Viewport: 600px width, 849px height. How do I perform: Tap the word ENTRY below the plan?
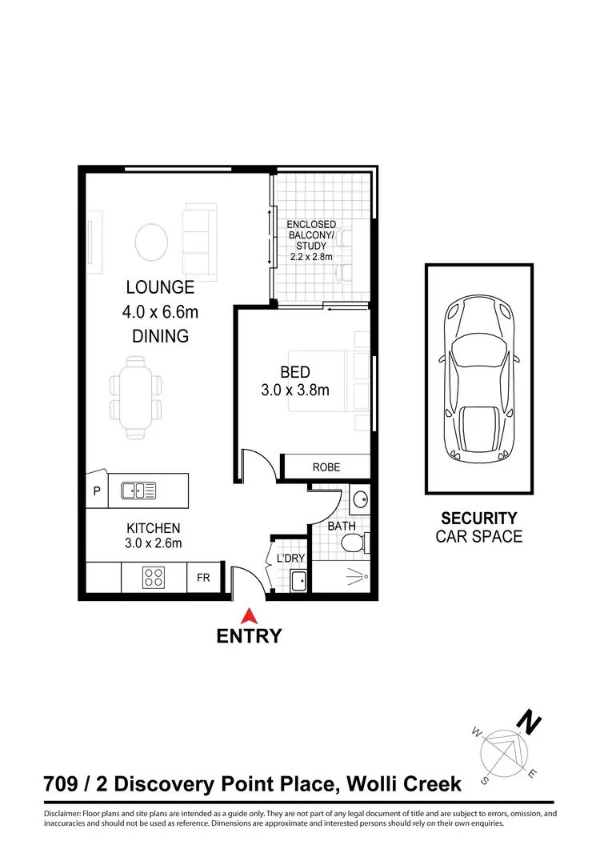click(250, 637)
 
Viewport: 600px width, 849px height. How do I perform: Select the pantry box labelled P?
click(97, 492)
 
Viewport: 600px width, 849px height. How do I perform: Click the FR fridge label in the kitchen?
click(203, 576)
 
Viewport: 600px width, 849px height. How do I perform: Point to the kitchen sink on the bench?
click(138, 491)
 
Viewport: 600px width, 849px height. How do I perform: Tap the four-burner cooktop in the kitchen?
click(154, 576)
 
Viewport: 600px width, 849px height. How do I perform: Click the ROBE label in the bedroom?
click(326, 467)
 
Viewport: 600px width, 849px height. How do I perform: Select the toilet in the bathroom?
click(354, 543)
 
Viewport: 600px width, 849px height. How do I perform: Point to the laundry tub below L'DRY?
click(299, 581)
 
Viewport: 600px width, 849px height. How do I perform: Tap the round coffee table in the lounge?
click(151, 239)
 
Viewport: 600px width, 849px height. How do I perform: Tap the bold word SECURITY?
click(479, 519)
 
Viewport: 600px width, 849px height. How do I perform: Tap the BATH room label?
click(342, 526)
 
